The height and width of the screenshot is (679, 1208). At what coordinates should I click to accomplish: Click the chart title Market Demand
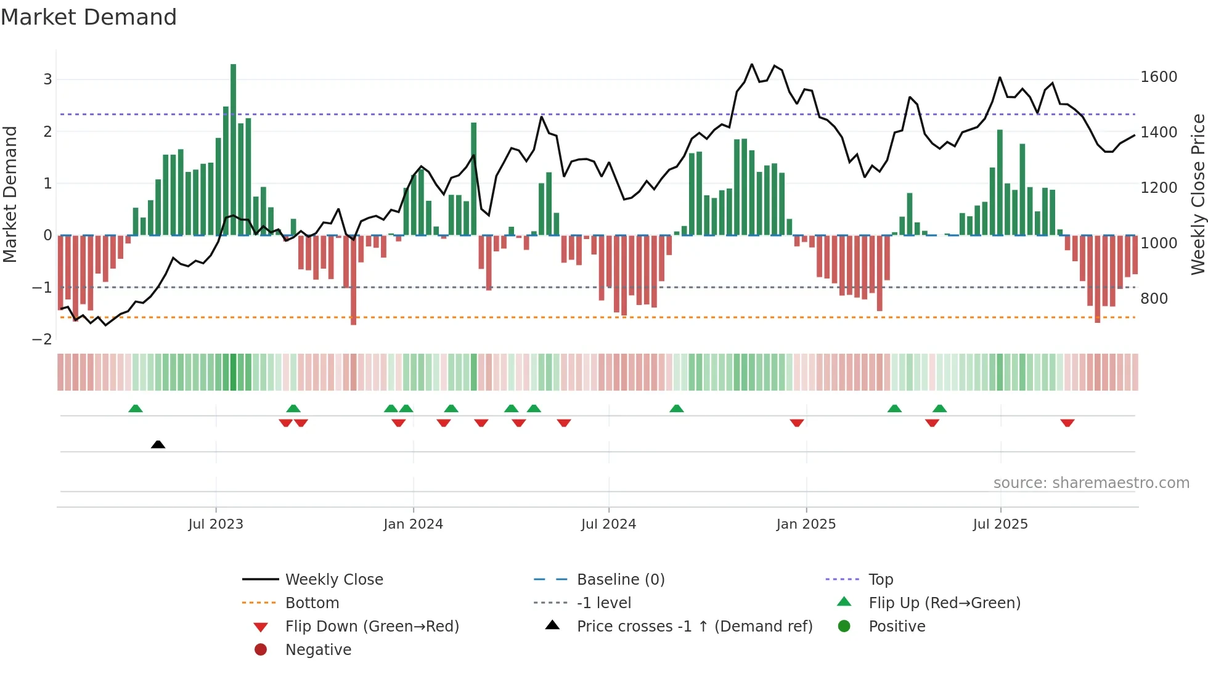pyautogui.click(x=89, y=17)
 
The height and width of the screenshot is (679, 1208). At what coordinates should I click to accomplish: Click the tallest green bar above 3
pyautogui.click(x=234, y=148)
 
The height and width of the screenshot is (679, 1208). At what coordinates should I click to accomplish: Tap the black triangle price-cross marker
pyautogui.click(x=158, y=444)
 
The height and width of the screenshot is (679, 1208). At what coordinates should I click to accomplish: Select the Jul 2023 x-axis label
pyautogui.click(x=216, y=524)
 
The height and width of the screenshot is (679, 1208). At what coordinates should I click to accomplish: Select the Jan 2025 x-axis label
pyautogui.click(x=806, y=524)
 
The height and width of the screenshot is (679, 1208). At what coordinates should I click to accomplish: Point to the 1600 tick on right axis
pyautogui.click(x=1159, y=77)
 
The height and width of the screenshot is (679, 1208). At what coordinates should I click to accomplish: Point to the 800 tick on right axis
pyautogui.click(x=1154, y=299)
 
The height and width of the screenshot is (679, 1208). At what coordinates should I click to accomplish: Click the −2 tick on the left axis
pyautogui.click(x=42, y=339)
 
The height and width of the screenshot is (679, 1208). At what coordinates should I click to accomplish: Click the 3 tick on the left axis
pyautogui.click(x=47, y=79)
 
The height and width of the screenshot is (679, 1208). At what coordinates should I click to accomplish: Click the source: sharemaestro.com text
pyautogui.click(x=1091, y=483)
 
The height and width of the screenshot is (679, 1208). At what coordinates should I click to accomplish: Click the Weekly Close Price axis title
pyautogui.click(x=1198, y=194)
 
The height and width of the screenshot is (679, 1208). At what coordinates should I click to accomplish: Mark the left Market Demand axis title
pyautogui.click(x=10, y=194)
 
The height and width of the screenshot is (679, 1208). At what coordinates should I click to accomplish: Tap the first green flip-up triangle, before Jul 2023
pyautogui.click(x=136, y=409)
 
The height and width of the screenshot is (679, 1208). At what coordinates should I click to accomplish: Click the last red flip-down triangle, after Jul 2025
pyautogui.click(x=1067, y=423)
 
